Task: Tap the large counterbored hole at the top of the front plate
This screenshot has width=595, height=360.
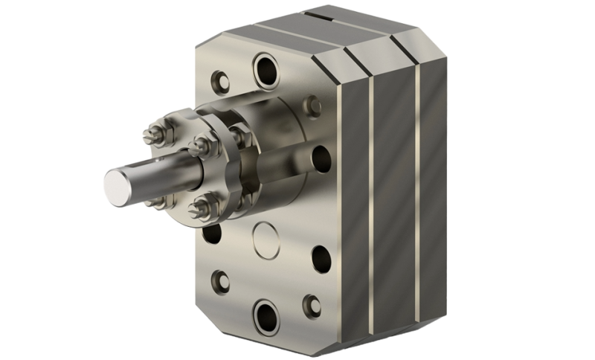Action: point(266,71)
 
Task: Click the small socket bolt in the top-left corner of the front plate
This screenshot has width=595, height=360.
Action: point(219,78)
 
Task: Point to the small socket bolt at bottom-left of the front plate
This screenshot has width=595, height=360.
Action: point(219,280)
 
